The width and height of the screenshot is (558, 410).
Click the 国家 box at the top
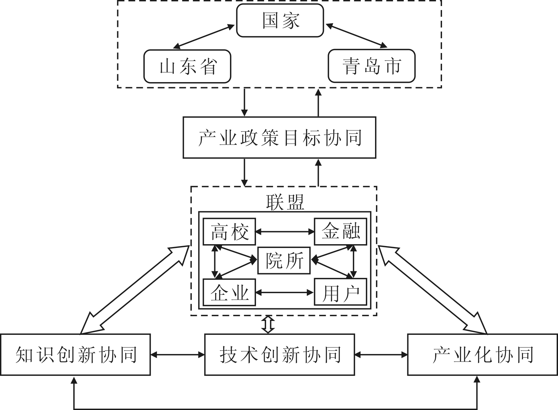tap(280, 21)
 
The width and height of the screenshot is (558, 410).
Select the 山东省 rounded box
tap(187, 66)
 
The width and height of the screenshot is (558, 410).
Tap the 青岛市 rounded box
tap(372, 66)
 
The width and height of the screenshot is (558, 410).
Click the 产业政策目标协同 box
tap(279, 138)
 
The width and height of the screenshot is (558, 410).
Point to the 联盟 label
tap(285, 202)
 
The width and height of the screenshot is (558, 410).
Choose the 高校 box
tap(229, 232)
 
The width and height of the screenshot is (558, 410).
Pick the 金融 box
tap(341, 232)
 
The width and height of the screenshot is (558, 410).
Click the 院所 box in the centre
tap(284, 261)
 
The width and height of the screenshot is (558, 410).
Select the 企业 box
tap(229, 292)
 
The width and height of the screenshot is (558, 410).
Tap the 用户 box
tap(341, 292)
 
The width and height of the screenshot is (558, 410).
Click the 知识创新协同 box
tap(76, 355)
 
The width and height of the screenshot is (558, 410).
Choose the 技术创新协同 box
tap(280, 355)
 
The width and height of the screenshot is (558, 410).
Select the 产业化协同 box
tap(482, 355)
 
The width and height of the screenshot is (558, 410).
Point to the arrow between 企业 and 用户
tap(285, 293)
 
